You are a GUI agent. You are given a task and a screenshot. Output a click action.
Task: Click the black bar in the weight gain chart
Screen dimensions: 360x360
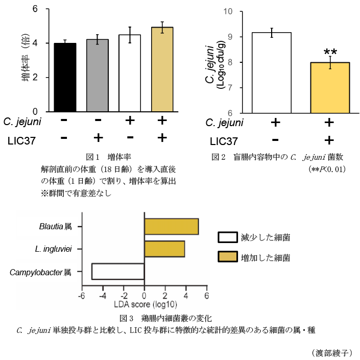65,78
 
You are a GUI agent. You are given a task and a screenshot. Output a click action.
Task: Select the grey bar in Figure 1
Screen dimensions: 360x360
98,76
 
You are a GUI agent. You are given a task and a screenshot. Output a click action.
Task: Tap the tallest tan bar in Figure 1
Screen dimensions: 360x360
162,69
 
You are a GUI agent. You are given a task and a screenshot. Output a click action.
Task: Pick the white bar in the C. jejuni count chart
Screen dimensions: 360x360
272,73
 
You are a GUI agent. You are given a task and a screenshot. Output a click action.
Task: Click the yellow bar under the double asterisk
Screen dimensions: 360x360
330,88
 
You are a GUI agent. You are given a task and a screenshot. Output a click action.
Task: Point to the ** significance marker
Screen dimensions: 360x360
330,52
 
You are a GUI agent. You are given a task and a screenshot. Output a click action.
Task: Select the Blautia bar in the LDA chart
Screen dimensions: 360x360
172,227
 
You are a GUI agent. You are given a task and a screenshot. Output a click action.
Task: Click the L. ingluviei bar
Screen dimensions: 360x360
164,249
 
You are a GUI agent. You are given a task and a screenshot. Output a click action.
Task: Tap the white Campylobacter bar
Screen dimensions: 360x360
118,272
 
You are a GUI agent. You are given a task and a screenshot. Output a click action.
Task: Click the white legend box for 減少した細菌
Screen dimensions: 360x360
228,237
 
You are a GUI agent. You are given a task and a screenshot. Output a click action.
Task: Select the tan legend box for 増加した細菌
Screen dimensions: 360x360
228,257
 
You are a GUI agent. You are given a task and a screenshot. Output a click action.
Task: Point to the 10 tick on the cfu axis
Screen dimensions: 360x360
228,11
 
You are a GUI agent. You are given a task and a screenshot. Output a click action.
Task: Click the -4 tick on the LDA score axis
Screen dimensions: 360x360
103,296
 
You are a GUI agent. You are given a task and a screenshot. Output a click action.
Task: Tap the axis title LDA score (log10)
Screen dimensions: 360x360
146,304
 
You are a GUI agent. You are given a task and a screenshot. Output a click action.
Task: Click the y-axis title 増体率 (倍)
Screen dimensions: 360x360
26,57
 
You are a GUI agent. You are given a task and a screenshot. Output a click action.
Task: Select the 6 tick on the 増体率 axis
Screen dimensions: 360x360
35,9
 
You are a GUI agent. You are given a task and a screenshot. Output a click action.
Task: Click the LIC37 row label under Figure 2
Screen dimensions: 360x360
224,141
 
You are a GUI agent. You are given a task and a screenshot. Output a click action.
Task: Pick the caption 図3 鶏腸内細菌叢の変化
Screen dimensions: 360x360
165,318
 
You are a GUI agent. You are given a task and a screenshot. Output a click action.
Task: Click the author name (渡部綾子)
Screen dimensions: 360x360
332,353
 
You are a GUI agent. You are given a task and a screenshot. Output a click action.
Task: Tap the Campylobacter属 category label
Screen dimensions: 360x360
40,272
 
